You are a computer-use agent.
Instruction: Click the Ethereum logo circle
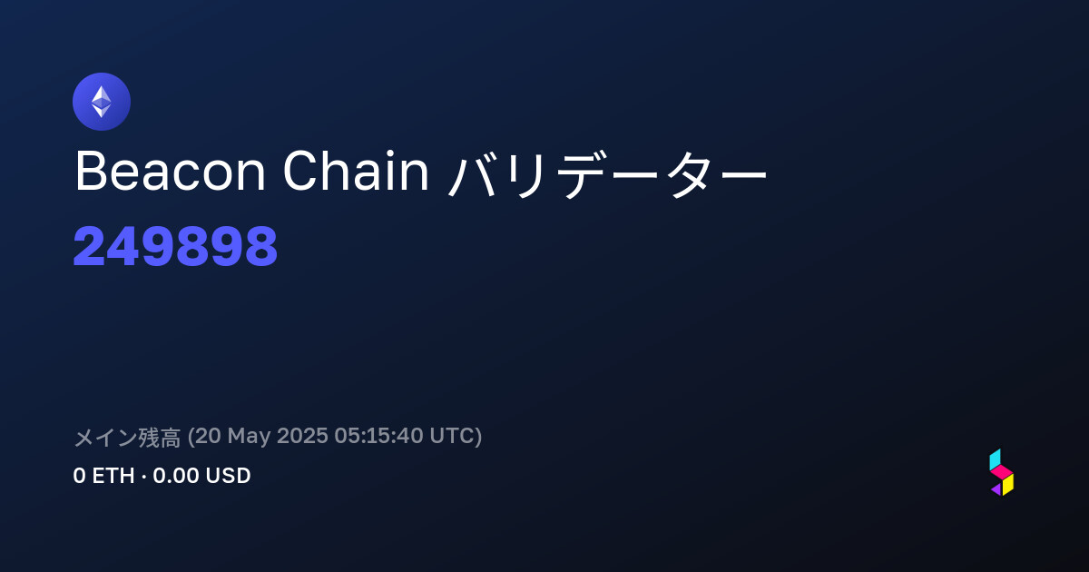pyautogui.click(x=101, y=102)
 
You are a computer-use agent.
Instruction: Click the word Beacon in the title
pyautogui.click(x=171, y=172)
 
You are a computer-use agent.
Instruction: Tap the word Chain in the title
pyautogui.click(x=356, y=171)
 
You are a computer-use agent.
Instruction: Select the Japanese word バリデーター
pyautogui.click(x=607, y=173)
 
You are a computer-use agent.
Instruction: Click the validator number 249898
pyautogui.click(x=175, y=246)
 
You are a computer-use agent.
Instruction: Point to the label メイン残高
pyautogui.click(x=127, y=437)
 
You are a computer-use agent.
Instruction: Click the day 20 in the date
pyautogui.click(x=208, y=436)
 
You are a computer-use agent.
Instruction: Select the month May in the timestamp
pyautogui.click(x=249, y=437)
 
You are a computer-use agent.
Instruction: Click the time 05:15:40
pyautogui.click(x=378, y=436)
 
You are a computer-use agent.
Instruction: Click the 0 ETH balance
pyautogui.click(x=103, y=476)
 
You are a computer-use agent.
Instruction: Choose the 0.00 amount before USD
pyautogui.click(x=176, y=476)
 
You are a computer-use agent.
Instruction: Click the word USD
pyautogui.click(x=228, y=476)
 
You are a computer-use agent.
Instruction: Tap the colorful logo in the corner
pyautogui.click(x=1002, y=472)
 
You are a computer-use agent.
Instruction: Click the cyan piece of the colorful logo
pyautogui.click(x=995, y=459)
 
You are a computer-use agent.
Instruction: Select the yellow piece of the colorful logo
pyautogui.click(x=1008, y=485)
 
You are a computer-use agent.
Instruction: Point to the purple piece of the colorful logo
pyautogui.click(x=996, y=488)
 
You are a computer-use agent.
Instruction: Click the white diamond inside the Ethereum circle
pyautogui.click(x=102, y=102)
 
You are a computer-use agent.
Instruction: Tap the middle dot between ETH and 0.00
pyautogui.click(x=143, y=477)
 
